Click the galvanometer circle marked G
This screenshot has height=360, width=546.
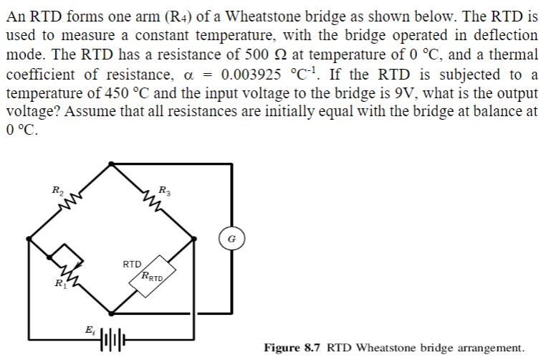tap(231, 237)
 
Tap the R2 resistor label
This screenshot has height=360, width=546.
tap(57, 191)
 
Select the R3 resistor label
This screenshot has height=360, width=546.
tap(164, 191)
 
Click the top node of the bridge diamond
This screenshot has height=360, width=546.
tap(110, 164)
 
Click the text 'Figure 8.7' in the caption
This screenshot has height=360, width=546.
tap(293, 348)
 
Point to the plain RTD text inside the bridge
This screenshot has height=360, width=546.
tap(131, 265)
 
